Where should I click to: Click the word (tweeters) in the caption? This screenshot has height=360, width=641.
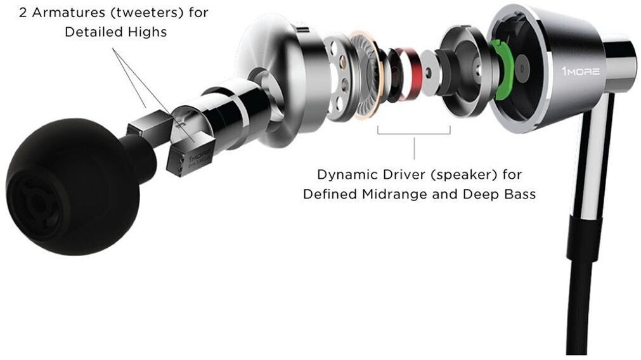tap(136, 13)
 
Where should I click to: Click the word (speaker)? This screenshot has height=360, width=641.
tap(455, 174)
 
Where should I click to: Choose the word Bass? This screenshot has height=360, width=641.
tap(519, 194)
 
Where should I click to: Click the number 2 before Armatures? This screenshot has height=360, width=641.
tap(23, 13)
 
